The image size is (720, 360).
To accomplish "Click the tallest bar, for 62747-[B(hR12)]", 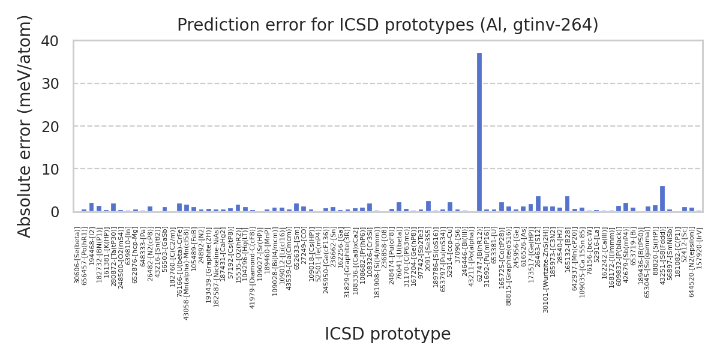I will (x=479, y=132).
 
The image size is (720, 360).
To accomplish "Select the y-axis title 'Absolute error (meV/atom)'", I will (x=25, y=126).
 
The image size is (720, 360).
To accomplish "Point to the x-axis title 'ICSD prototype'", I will (x=388, y=334).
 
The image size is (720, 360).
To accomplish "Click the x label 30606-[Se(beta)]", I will (x=77, y=255).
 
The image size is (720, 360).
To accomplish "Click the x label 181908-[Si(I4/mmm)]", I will (x=377, y=263).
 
